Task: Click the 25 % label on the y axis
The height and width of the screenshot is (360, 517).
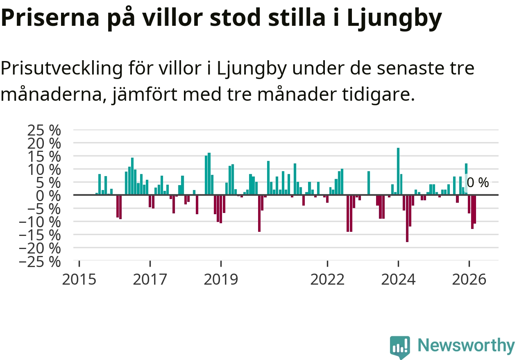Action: (44, 130)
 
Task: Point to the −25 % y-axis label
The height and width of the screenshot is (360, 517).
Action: (40, 263)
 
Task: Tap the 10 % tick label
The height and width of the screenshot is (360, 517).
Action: (44, 170)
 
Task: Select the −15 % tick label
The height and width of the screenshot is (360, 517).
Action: (40, 236)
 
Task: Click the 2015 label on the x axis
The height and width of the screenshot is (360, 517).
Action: (79, 280)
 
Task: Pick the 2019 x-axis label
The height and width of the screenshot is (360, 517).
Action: (221, 280)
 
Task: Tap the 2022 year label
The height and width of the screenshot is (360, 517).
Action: (327, 280)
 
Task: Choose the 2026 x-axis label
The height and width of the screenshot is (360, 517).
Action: (469, 280)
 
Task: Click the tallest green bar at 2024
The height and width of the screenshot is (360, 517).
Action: (398, 171)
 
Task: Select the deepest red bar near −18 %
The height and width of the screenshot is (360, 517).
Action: (407, 218)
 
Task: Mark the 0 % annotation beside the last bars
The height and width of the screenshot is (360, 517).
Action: (478, 183)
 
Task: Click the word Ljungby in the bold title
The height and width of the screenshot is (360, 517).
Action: (394, 18)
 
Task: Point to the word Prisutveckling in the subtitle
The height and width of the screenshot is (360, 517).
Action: (61, 68)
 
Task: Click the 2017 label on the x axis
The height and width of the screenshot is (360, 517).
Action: (150, 280)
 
